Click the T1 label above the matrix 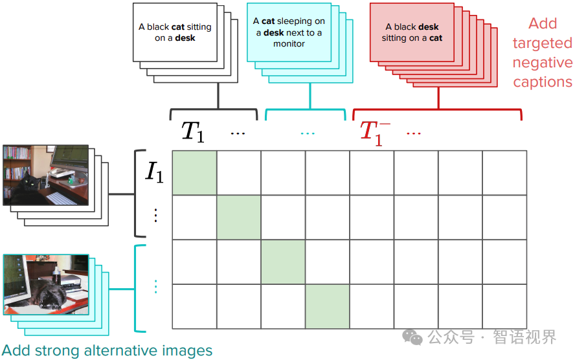click(x=192, y=131)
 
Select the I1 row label click(x=154, y=172)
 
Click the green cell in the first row click(x=194, y=172)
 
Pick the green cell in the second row click(x=238, y=217)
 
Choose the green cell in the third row click(x=283, y=262)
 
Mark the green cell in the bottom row click(x=327, y=306)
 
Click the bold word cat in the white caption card click(x=178, y=27)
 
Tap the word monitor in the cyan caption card click(x=289, y=44)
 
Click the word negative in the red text click(x=543, y=63)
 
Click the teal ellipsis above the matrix click(x=308, y=133)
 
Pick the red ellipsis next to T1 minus click(x=414, y=133)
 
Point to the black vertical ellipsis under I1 click(x=155, y=215)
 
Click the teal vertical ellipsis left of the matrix click(x=155, y=286)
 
